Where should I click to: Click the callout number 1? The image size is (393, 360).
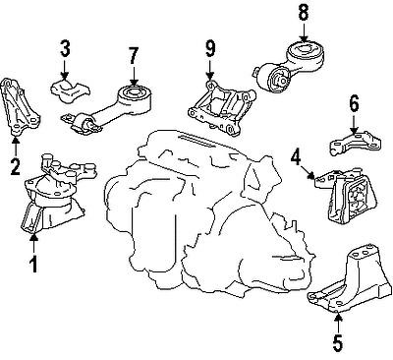click(33, 264)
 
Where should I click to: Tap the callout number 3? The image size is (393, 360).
click(64, 46)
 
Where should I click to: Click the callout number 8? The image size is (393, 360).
click(303, 14)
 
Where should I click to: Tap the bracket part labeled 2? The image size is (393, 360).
click(21, 108)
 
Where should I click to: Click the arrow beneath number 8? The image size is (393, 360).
click(303, 30)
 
